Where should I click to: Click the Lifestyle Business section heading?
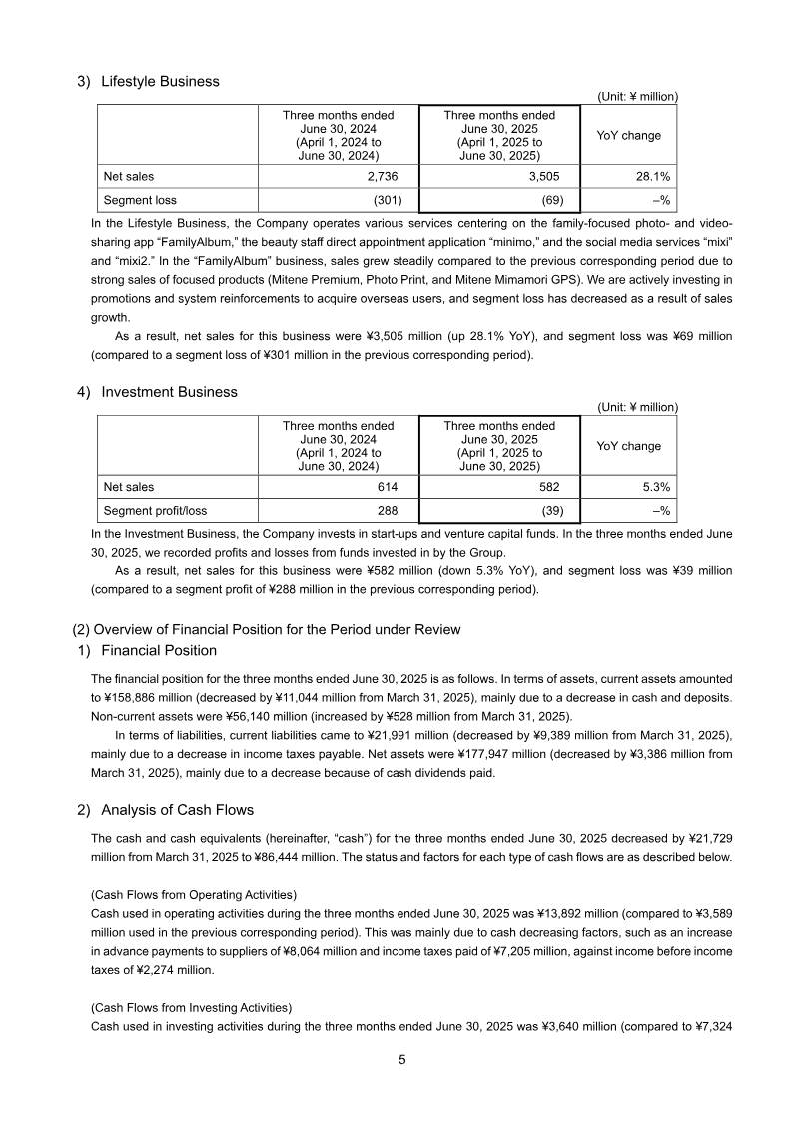coord(160,81)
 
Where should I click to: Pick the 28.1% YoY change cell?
coord(650,177)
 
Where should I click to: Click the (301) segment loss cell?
coord(389,200)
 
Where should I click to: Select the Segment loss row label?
coord(140,200)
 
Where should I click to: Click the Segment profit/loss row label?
coord(155,511)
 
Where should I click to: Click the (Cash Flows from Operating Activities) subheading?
coord(194,893)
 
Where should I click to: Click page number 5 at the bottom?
coord(401,1061)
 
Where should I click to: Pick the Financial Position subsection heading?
coord(159,650)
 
